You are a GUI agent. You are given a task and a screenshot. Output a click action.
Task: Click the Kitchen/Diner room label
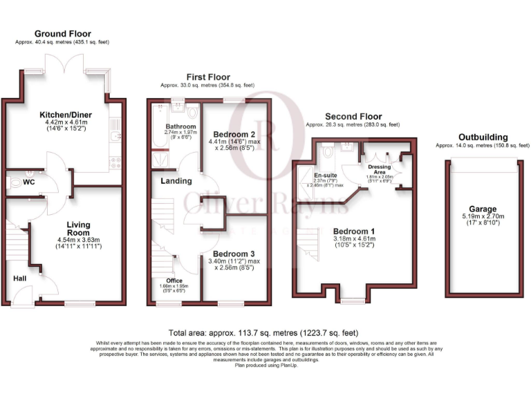coord(64,114)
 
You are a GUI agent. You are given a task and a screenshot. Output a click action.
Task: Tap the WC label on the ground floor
coord(29,182)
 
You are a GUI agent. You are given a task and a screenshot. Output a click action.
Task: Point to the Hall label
coord(20,278)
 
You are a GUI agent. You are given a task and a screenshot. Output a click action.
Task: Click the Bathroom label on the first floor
coord(180,127)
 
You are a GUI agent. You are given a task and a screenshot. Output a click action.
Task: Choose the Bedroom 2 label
coord(230,134)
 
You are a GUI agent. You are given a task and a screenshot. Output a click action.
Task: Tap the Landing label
coord(177,181)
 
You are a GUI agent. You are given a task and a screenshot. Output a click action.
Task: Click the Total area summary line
coord(263,332)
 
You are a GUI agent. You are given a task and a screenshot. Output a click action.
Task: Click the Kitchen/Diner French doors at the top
coord(64,69)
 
